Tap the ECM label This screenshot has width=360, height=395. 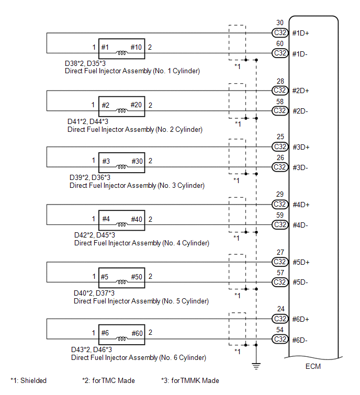point(313,366)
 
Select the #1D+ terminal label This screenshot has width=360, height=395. point(300,33)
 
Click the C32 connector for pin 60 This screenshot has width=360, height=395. point(280,53)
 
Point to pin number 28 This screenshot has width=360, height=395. point(280,81)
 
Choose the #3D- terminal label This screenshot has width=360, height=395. point(300,167)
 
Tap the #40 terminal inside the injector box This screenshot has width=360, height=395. point(137,219)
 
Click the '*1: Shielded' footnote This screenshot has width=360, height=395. point(29,380)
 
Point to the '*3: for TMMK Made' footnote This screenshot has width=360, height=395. point(190,380)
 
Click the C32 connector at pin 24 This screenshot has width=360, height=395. point(280,319)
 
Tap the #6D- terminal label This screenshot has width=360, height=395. point(300,340)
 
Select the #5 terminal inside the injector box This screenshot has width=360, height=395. point(105,276)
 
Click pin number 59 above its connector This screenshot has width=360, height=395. point(280,216)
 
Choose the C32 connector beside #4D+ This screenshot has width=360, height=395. point(280,204)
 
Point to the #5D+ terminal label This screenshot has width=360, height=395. point(300,262)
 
